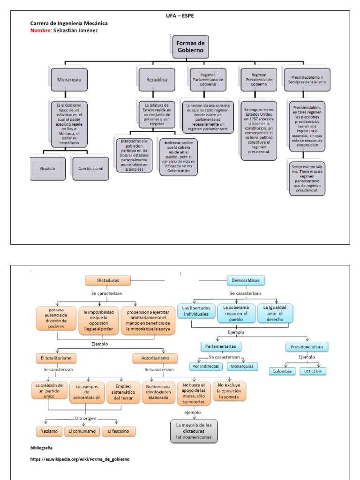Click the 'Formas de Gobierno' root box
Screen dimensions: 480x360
[190, 47]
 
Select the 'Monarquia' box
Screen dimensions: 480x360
[69, 80]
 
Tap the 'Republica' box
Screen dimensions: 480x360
[156, 80]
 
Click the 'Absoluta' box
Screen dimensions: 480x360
[48, 167]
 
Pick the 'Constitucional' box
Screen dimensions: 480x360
[90, 168]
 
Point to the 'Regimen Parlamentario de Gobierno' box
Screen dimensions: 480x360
[208, 80]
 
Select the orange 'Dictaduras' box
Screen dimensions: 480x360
[108, 280]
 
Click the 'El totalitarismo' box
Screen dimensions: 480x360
[56, 358]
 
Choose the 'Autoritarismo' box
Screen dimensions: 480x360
[155, 358]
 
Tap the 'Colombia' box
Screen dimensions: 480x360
[283, 371]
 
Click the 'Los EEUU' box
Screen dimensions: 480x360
[313, 371]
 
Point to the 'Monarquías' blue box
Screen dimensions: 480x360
[242, 366]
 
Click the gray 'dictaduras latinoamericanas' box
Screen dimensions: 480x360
[194, 431]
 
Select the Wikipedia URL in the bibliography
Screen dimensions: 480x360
[80, 459]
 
